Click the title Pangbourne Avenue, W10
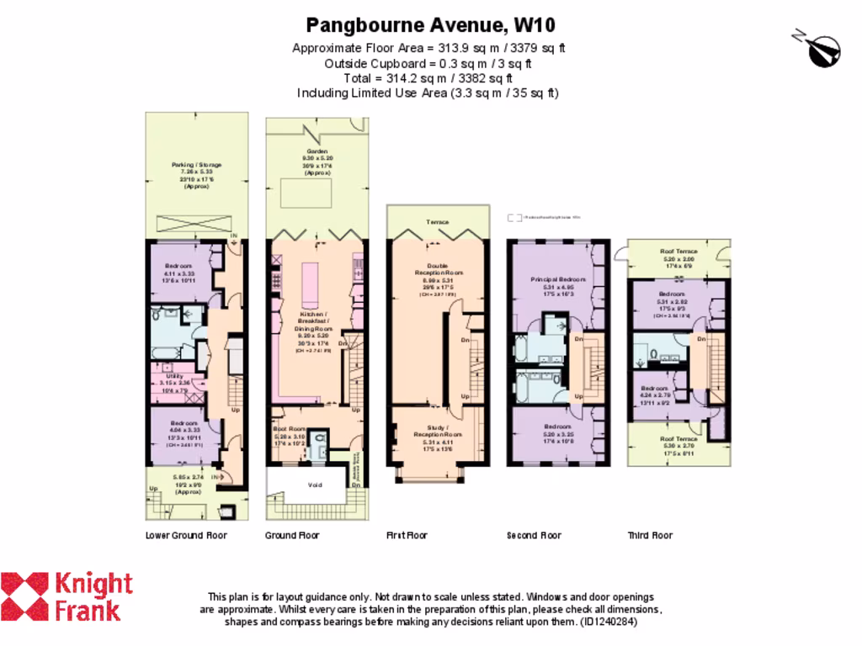pos(430,24)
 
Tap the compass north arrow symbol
pos(819,48)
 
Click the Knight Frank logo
pos(67,596)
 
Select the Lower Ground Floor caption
pos(186,535)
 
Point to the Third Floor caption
pos(650,535)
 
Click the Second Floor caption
pos(534,535)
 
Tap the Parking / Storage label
pos(196,165)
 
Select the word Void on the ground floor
pos(315,484)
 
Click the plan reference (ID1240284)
pos(609,622)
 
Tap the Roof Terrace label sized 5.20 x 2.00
pos(678,250)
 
